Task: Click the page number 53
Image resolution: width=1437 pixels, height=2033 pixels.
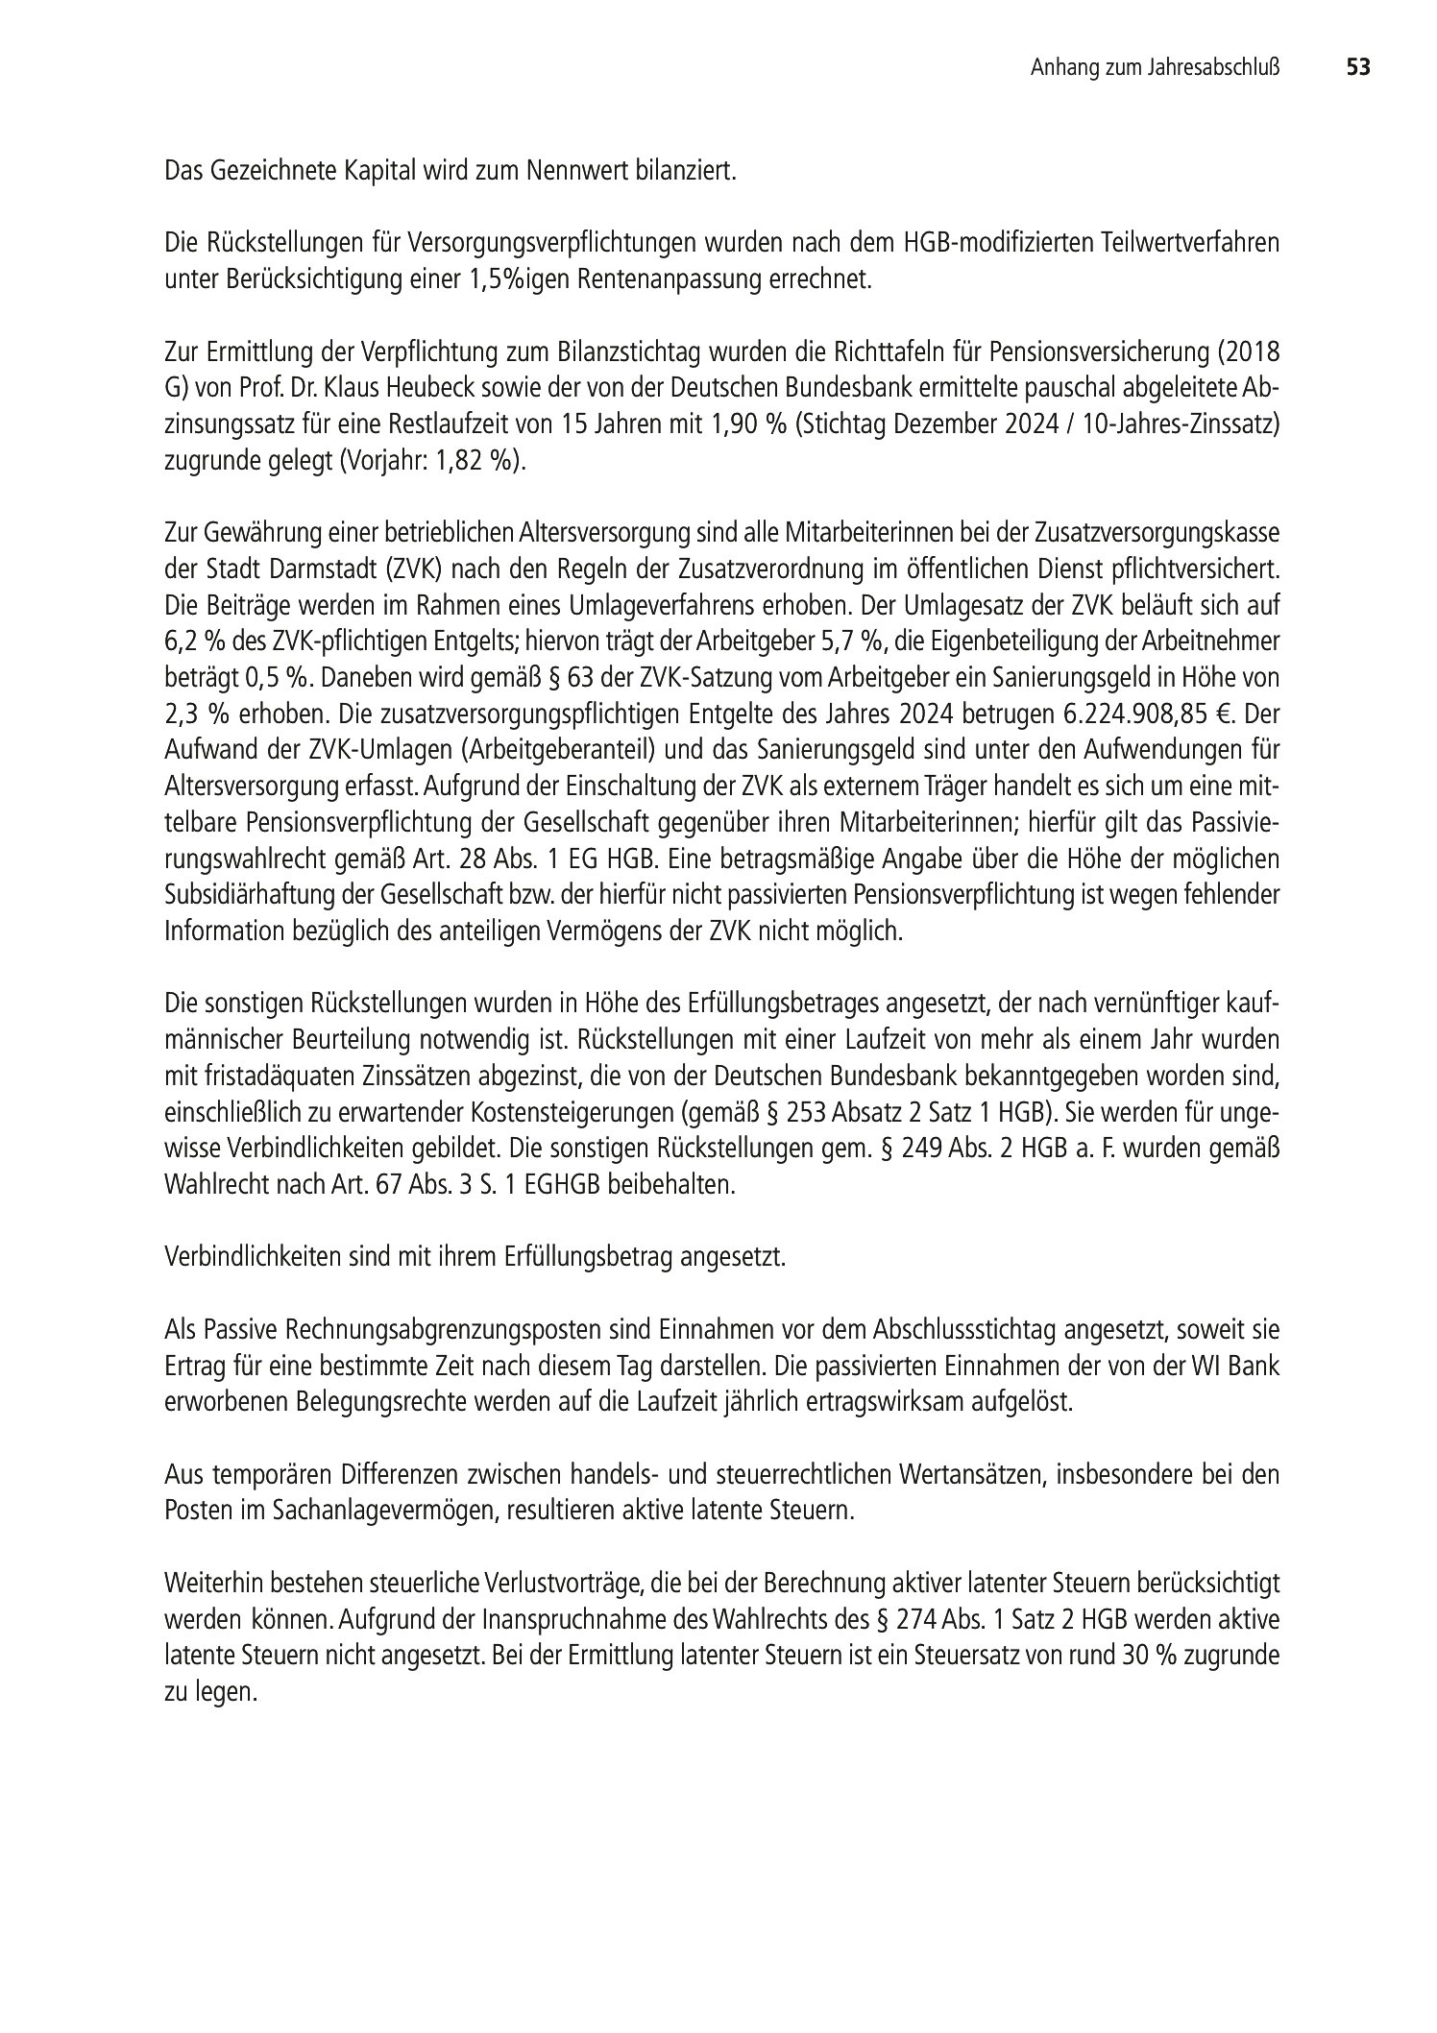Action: pos(1357,68)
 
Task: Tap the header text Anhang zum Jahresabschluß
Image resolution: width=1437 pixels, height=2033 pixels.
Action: pos(1157,68)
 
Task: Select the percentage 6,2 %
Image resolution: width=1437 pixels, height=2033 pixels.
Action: pos(193,641)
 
